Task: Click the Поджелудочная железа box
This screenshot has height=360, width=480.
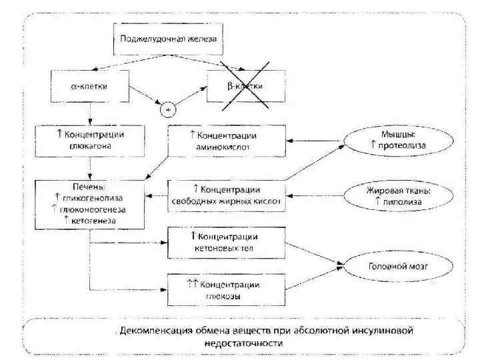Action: click(x=168, y=39)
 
